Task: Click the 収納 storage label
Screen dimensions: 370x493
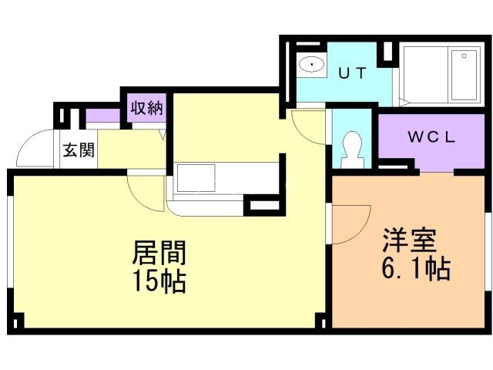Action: click(146, 108)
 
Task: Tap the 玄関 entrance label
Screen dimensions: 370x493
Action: click(79, 150)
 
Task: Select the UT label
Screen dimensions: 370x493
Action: click(352, 72)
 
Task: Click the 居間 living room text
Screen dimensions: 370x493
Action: click(160, 254)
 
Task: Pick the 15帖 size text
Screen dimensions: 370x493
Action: click(160, 282)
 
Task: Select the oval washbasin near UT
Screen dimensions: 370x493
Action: click(311, 64)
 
